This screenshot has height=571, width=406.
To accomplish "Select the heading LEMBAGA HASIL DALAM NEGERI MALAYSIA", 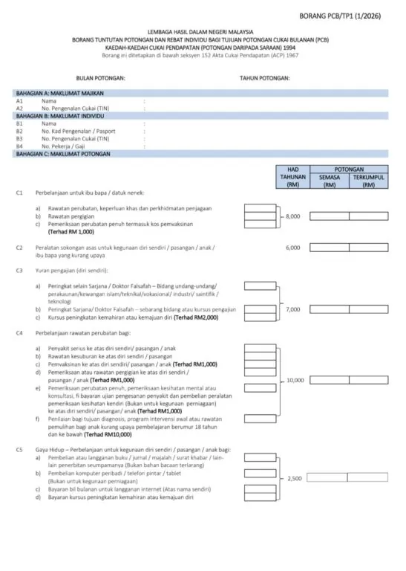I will click(x=203, y=33).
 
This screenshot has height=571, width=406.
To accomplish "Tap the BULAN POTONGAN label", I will click(x=100, y=77).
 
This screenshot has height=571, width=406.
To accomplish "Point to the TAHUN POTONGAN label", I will click(x=264, y=77).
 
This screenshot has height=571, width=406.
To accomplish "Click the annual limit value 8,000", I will click(x=292, y=216).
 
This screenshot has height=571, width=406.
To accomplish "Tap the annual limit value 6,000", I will click(x=292, y=247).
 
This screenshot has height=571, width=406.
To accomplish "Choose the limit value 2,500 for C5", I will click(x=294, y=479).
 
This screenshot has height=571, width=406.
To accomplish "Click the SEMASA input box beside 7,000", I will click(x=328, y=309).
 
